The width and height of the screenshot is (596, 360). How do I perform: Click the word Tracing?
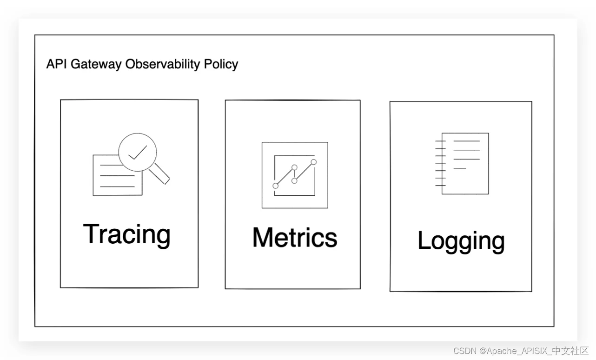[x=126, y=235]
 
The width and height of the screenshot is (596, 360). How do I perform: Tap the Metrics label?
[x=295, y=237]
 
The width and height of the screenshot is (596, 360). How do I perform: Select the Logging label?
[x=461, y=241]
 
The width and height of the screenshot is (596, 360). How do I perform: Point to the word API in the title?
[x=56, y=64]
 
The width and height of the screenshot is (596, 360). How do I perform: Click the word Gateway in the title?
[x=96, y=65]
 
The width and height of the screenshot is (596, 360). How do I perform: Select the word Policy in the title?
[x=221, y=65]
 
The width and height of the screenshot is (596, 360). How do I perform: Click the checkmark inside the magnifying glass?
[x=138, y=153]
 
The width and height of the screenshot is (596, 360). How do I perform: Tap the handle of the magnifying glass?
[x=159, y=173]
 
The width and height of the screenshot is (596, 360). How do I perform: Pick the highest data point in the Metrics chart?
[x=314, y=162]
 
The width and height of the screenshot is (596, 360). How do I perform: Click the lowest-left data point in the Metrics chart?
[x=276, y=186]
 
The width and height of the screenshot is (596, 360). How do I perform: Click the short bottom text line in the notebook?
[x=460, y=168]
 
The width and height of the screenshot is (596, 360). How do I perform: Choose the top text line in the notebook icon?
[x=467, y=141]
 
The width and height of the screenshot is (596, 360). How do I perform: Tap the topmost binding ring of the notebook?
[x=440, y=141]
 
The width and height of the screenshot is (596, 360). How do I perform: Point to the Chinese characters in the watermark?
[x=570, y=351]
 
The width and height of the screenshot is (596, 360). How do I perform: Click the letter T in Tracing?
[x=91, y=233]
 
